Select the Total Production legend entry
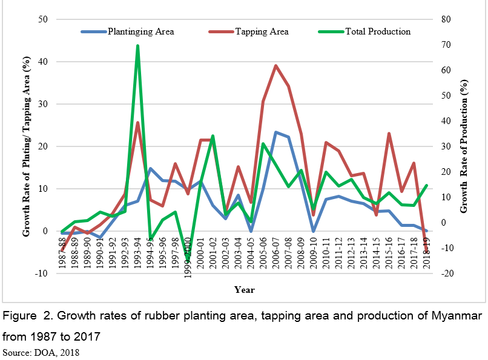(x=377, y=31)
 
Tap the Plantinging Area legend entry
(x=140, y=31)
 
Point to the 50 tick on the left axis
(x=44, y=19)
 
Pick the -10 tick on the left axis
(x=42, y=273)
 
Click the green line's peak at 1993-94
(x=137, y=45)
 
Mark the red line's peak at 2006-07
(x=275, y=65)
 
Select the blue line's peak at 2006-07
(x=275, y=132)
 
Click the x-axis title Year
(x=245, y=290)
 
